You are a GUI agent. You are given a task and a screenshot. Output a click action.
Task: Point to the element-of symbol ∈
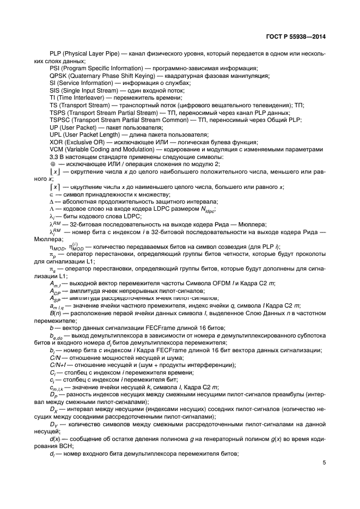pos(52,194)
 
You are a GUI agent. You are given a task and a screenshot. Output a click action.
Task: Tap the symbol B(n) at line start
pos(55,312)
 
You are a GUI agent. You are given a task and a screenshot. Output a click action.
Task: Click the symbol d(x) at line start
pos(54,438)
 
